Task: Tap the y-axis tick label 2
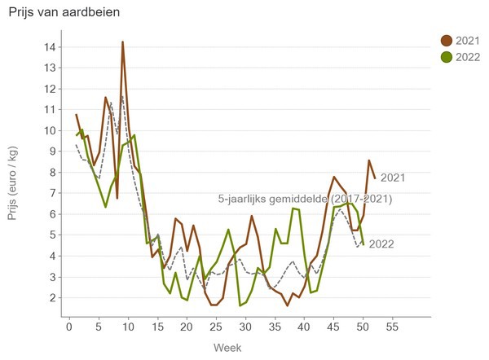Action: pyautogui.click(x=52, y=298)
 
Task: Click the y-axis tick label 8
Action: pyautogui.click(x=52, y=173)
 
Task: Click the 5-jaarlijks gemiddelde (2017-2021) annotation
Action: pyautogui.click(x=306, y=199)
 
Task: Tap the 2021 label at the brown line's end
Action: pyautogui.click(x=393, y=178)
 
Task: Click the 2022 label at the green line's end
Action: pyautogui.click(x=382, y=244)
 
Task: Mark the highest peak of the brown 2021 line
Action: pyautogui.click(x=122, y=42)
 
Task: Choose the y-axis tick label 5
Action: pyautogui.click(x=52, y=235)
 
